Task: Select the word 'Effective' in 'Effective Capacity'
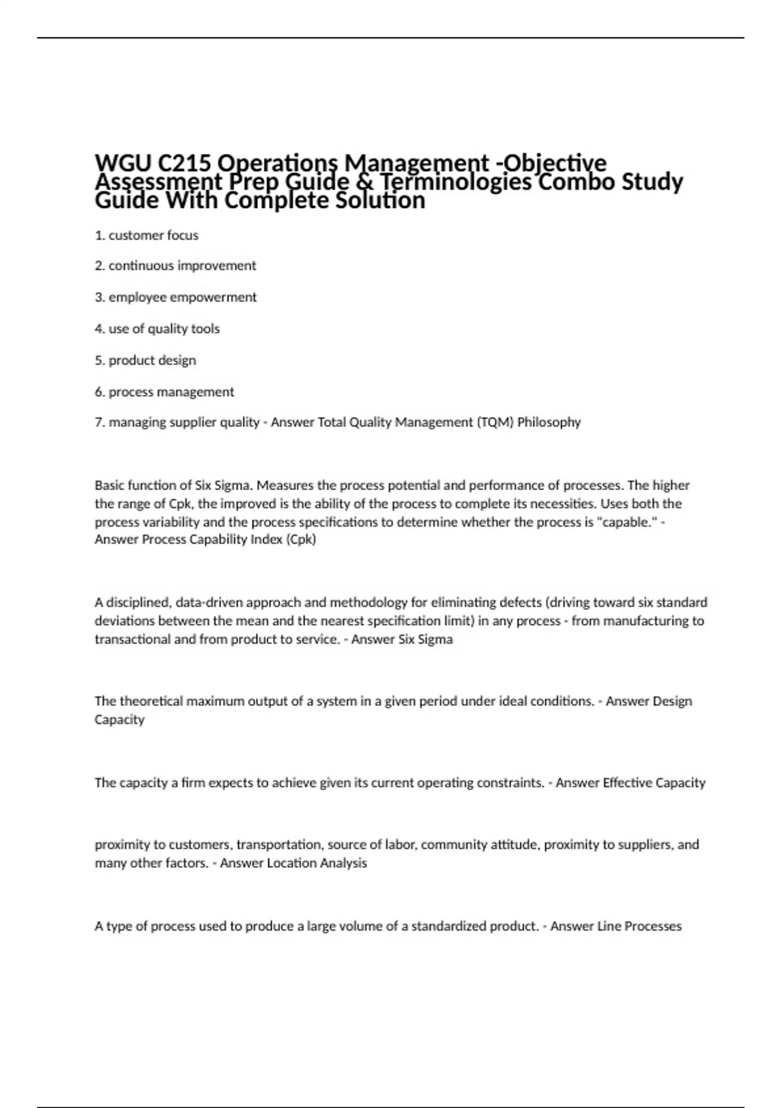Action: point(631,783)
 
